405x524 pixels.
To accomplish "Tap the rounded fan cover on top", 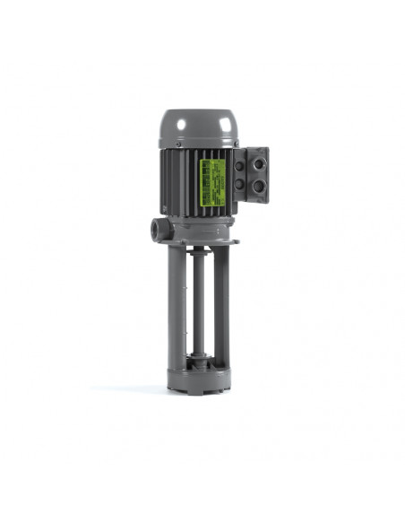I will pos(197,125).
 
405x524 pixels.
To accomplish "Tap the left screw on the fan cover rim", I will pos(178,144).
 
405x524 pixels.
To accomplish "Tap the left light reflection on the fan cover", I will pos(182,119).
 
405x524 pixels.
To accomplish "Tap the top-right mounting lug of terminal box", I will pos(264,150).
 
